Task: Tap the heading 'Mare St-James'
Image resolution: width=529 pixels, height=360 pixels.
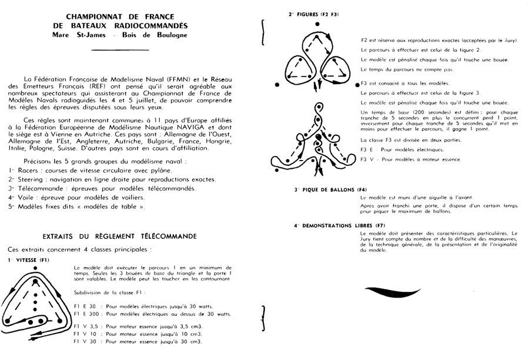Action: point(73,36)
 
